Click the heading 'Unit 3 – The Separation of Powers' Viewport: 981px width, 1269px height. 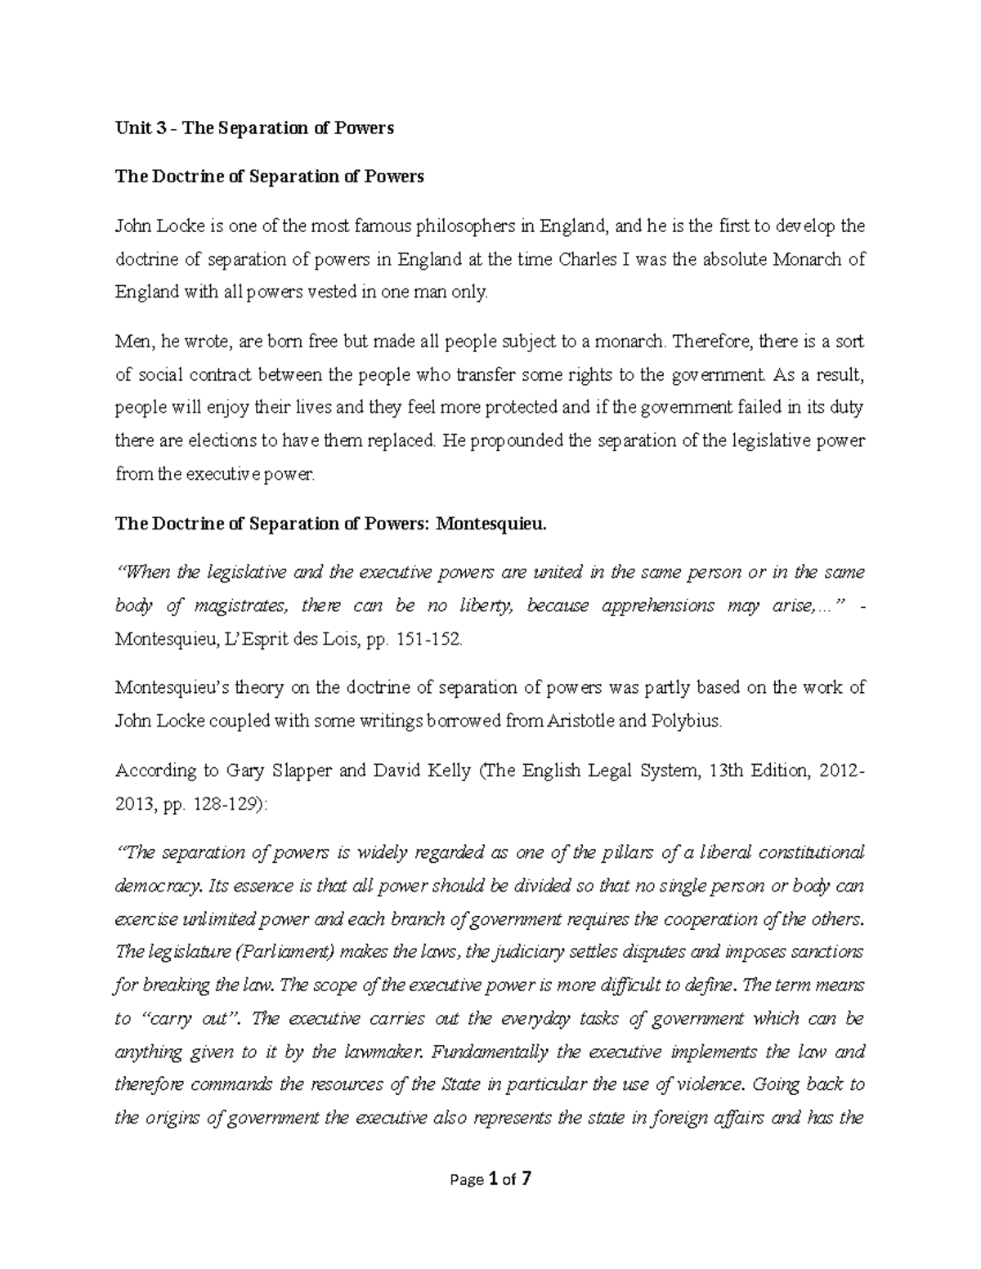[x=254, y=128]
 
